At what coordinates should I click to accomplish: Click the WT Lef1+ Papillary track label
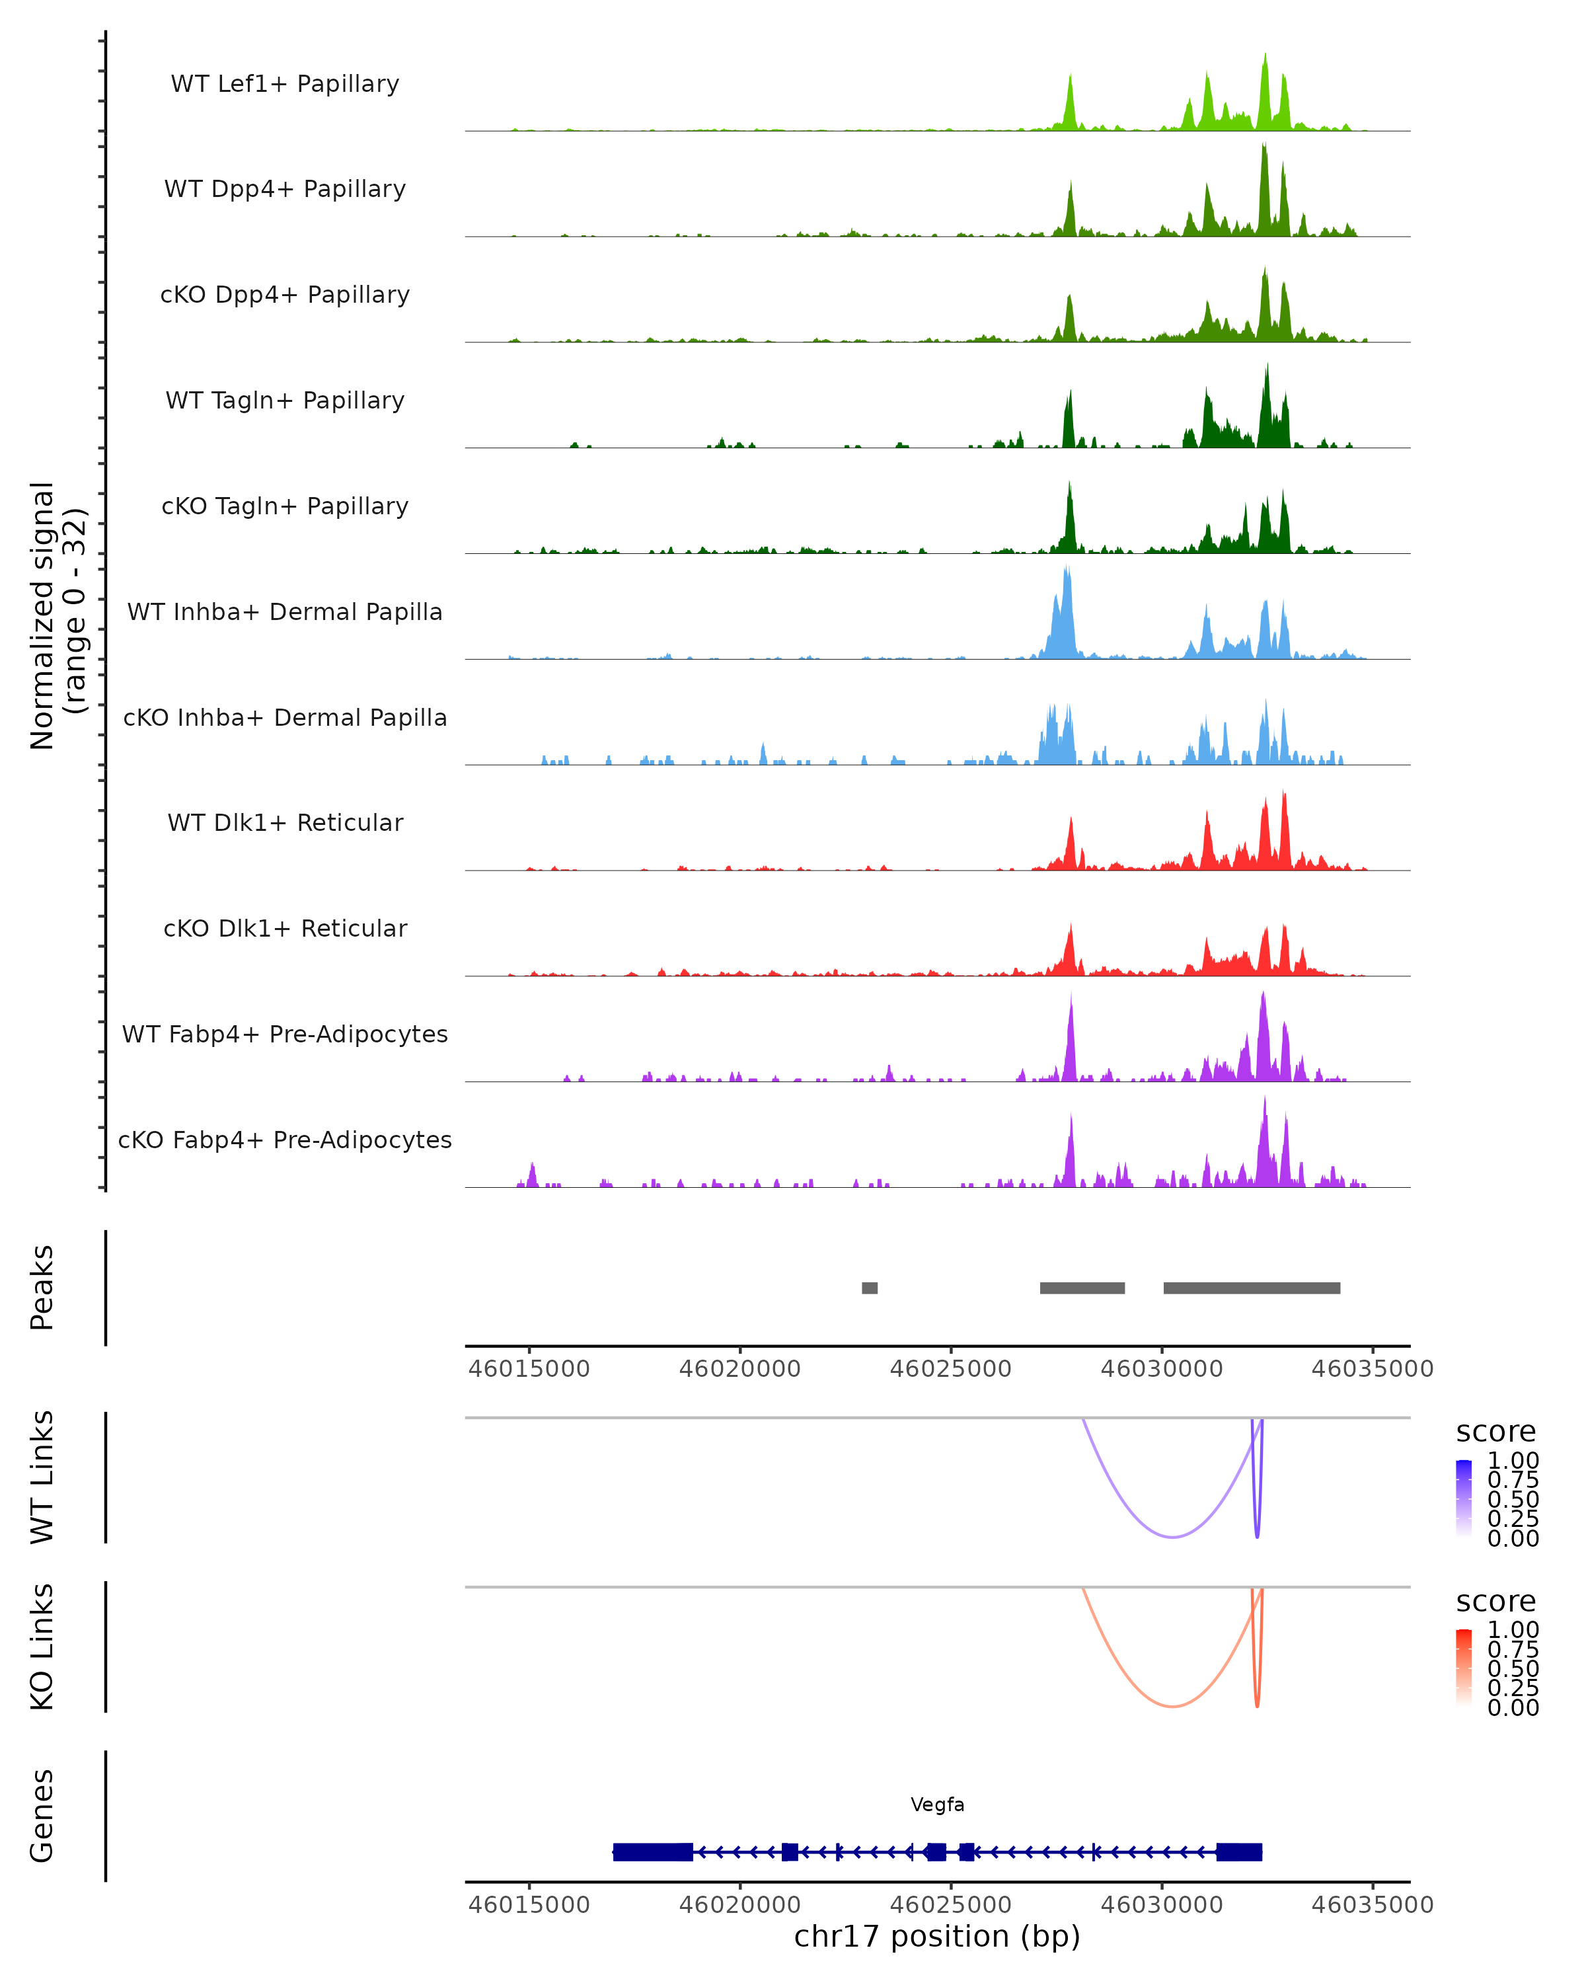[285, 84]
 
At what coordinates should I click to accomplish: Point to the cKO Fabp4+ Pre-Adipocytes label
[285, 1140]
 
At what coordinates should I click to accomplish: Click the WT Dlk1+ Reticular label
[285, 822]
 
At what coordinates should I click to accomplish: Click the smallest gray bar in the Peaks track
[869, 1288]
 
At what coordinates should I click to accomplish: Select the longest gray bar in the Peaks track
[1252, 1288]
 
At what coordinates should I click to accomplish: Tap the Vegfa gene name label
[937, 1805]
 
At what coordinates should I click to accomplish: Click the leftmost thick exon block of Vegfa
[653, 1851]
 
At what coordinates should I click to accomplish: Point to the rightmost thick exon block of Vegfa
[1238, 1851]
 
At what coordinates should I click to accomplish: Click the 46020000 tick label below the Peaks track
[739, 1369]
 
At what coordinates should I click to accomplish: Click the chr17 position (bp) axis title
[937, 1936]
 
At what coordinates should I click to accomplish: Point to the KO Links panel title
[42, 1647]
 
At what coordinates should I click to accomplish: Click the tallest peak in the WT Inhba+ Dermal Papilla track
[1067, 570]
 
